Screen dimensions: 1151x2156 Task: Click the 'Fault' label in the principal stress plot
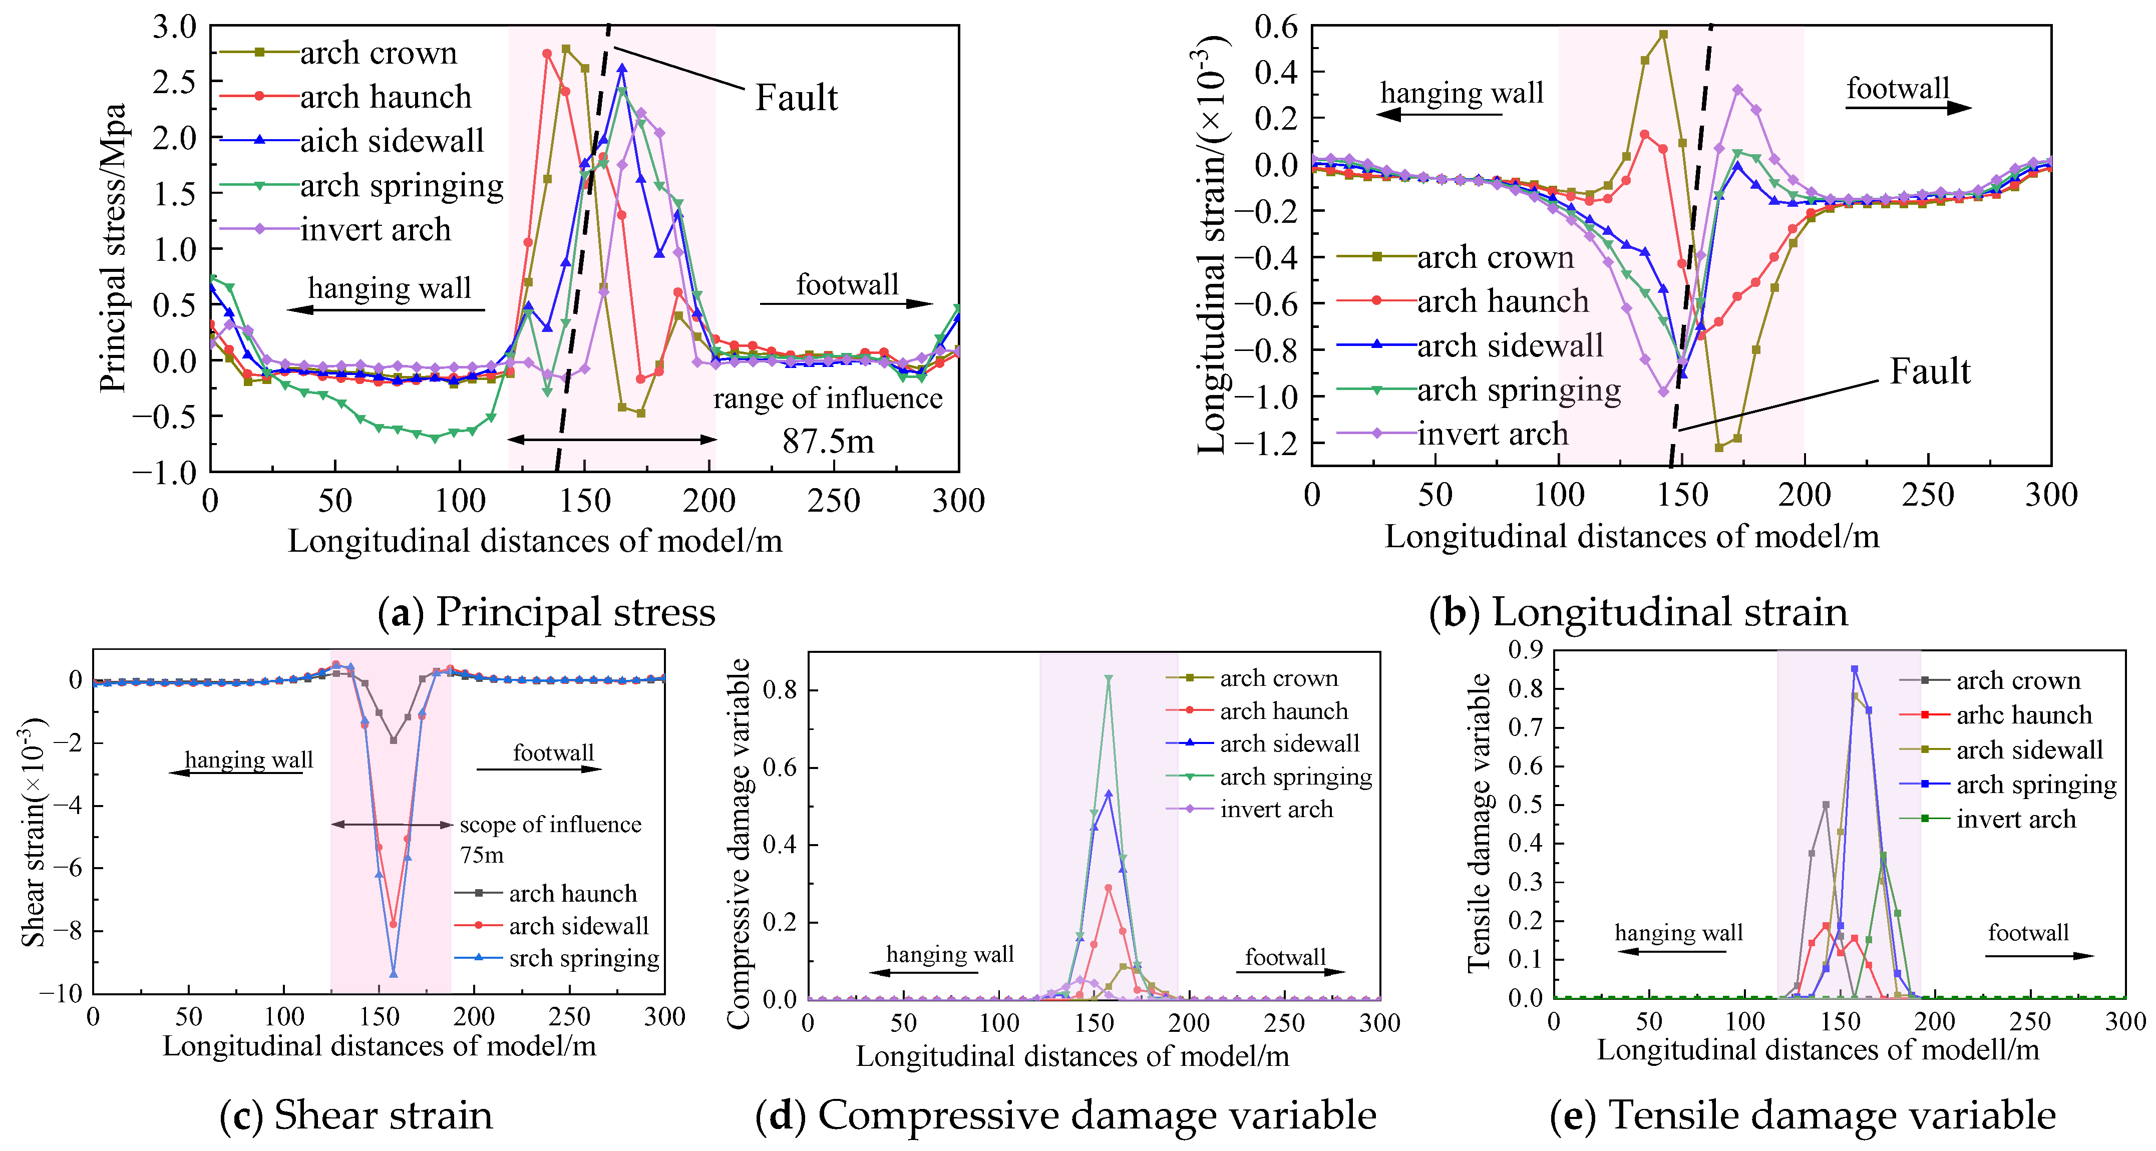795,98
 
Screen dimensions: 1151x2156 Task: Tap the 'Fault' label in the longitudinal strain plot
1929,371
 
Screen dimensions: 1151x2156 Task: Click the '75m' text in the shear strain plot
482,855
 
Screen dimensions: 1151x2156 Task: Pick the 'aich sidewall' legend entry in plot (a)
392,141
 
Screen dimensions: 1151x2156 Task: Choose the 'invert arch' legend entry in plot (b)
1492,434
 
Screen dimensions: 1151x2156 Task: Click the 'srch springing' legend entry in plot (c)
583,958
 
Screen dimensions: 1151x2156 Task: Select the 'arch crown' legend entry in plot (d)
1278,678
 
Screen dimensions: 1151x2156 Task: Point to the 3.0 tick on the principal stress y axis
174,27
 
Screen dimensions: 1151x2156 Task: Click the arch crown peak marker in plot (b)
1663,35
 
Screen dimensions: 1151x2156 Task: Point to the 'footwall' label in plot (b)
1898,88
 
